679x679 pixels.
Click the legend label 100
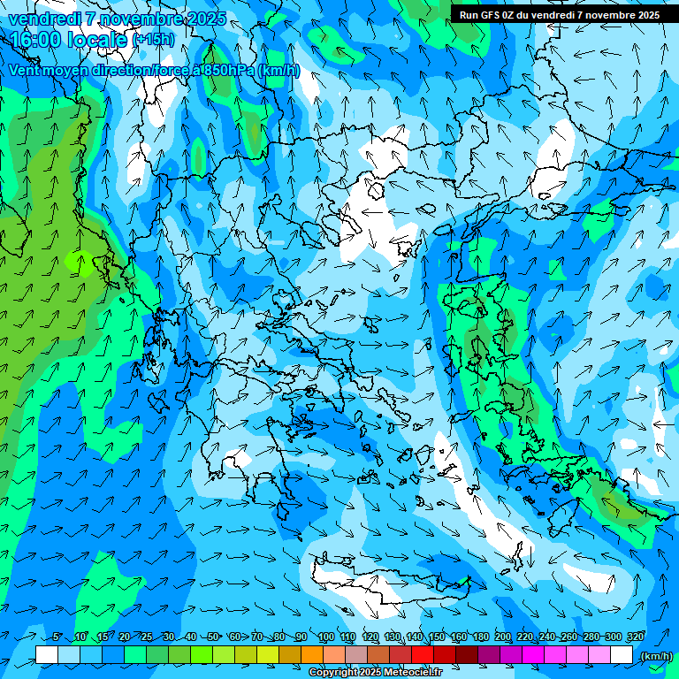click(x=325, y=637)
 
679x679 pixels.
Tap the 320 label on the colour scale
click(x=635, y=637)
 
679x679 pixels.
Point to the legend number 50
click(x=213, y=637)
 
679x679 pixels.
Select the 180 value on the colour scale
click(x=480, y=637)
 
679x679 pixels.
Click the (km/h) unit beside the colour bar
click(x=655, y=656)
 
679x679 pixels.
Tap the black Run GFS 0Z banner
click(x=559, y=15)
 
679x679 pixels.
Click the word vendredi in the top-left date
click(x=46, y=19)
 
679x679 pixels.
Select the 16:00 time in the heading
click(x=35, y=40)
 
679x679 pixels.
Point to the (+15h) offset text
click(x=152, y=41)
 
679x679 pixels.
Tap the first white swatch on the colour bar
click(x=47, y=655)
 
